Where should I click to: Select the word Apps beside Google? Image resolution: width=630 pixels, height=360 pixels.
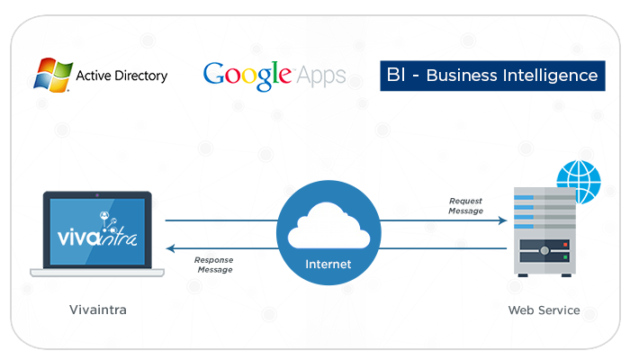321,75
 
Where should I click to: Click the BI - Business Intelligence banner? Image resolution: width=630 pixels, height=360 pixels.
491,76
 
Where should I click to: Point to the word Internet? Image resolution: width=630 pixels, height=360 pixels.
328,265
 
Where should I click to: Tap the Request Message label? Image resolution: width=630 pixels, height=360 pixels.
465,206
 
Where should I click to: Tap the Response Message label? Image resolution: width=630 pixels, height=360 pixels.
213,265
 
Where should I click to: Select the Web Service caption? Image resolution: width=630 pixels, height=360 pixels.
544,310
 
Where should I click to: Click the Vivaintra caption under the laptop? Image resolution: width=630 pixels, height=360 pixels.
98,310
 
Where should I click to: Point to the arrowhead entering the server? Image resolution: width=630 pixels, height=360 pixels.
507,220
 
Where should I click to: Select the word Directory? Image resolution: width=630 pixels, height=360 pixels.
144,76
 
